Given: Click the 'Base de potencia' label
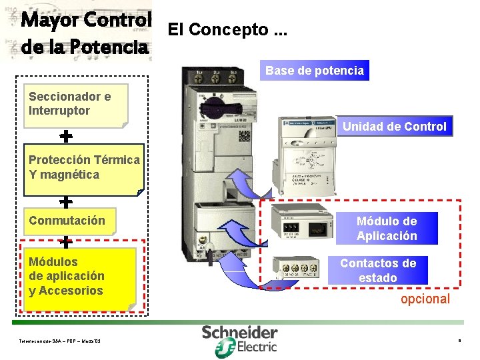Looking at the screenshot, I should coord(315,71).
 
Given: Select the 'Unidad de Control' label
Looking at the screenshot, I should coord(394,126).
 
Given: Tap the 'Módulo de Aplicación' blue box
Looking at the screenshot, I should coord(387,229).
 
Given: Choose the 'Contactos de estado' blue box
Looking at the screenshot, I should coord(377,270).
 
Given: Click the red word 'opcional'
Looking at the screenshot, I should coord(425,299).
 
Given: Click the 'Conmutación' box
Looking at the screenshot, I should coord(69,221).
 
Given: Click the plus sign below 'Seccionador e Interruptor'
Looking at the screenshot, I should coord(66,137).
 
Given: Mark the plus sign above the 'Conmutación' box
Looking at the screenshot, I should coord(66,201).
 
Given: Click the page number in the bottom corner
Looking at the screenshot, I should coord(459,341).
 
